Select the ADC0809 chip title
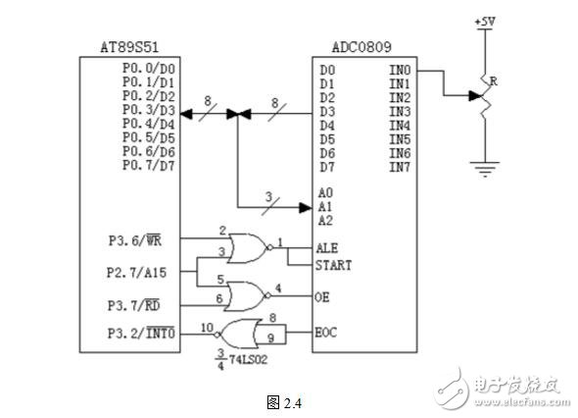pos(350,47)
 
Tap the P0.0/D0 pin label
pos(148,69)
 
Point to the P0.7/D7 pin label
pos(148,165)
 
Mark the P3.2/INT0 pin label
pos(141,333)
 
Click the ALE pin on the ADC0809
pos(327,249)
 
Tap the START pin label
pos(333,265)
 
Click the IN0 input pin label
pos(401,71)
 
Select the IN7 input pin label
pos(401,167)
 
